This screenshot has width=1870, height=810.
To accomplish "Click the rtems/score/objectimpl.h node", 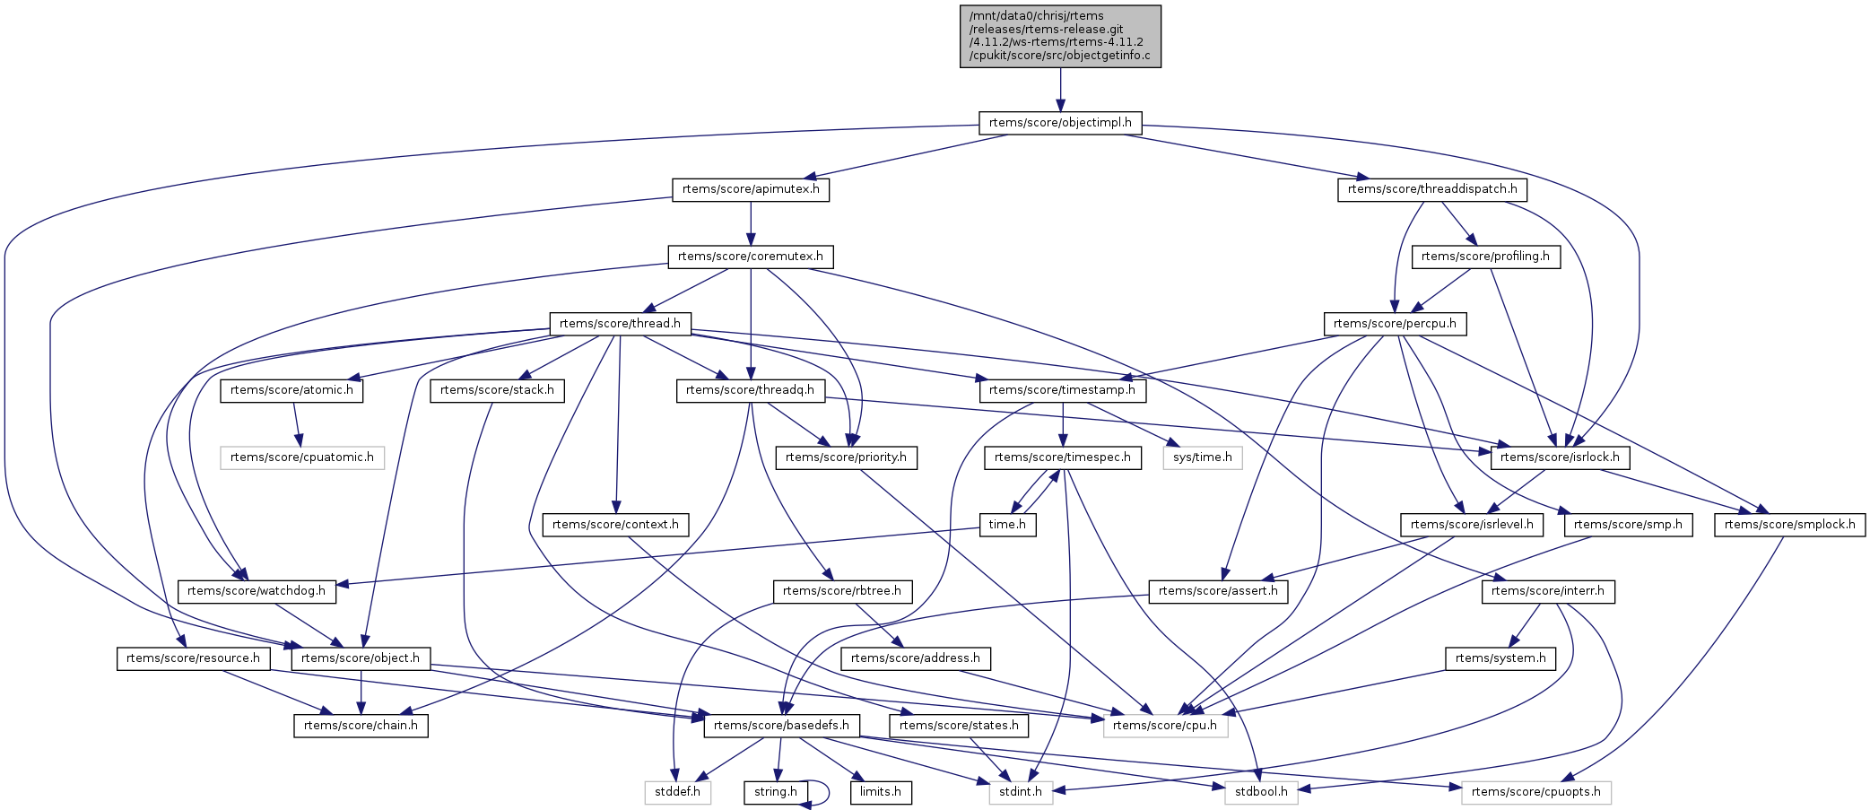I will (1059, 123).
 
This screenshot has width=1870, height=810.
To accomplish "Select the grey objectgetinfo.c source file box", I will (1060, 36).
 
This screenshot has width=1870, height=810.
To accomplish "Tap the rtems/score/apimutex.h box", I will (751, 190).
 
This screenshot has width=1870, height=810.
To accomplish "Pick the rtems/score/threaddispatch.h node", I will (1432, 190).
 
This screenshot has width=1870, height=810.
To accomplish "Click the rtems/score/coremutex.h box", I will (751, 257).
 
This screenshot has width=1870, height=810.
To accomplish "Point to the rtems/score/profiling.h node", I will (1485, 257).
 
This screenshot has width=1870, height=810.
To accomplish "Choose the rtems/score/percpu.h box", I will (1395, 324).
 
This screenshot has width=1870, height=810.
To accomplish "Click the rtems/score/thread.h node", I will (620, 324).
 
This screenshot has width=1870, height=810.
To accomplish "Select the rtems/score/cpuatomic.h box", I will (302, 457).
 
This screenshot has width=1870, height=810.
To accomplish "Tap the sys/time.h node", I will (1203, 457).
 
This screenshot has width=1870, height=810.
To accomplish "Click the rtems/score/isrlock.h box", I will (1560, 457).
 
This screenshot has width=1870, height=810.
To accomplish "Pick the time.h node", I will (1007, 525).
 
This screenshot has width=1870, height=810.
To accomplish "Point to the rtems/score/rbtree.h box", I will (842, 591).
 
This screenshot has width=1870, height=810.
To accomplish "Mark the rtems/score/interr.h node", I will (1548, 591).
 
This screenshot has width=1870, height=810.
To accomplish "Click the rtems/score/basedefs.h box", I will (781, 726).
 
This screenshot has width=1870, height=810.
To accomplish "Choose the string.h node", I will (776, 792).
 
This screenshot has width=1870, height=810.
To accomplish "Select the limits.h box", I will (881, 792).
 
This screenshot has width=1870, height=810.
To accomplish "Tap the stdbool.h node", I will (1261, 792).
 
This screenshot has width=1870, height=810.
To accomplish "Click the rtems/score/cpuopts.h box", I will (1536, 792).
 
